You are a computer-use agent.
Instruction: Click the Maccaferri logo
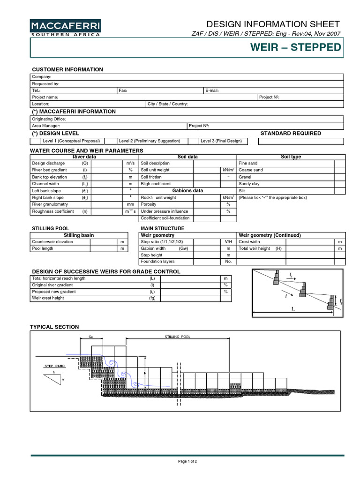[x=65, y=29]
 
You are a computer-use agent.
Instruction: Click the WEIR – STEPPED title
[x=296, y=48]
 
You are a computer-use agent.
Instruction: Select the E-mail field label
[x=212, y=90]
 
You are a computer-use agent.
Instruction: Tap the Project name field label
[x=45, y=97]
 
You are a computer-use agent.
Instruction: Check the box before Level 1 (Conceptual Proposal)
[x=36, y=141]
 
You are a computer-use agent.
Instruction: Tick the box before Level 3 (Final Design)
[x=194, y=141]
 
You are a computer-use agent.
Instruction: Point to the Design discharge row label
[x=45, y=163]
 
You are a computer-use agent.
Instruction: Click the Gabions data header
[x=187, y=191]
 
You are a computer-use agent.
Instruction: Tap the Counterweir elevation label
[x=52, y=242]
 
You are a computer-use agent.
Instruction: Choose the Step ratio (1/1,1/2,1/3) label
[x=162, y=242]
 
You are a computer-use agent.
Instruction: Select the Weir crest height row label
[x=47, y=298]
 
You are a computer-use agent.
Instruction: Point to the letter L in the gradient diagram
[x=292, y=309]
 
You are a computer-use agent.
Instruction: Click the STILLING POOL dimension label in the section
[x=178, y=337]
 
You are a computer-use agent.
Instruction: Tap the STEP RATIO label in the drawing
[x=54, y=365]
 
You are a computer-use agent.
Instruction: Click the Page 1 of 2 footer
[x=187, y=462]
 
